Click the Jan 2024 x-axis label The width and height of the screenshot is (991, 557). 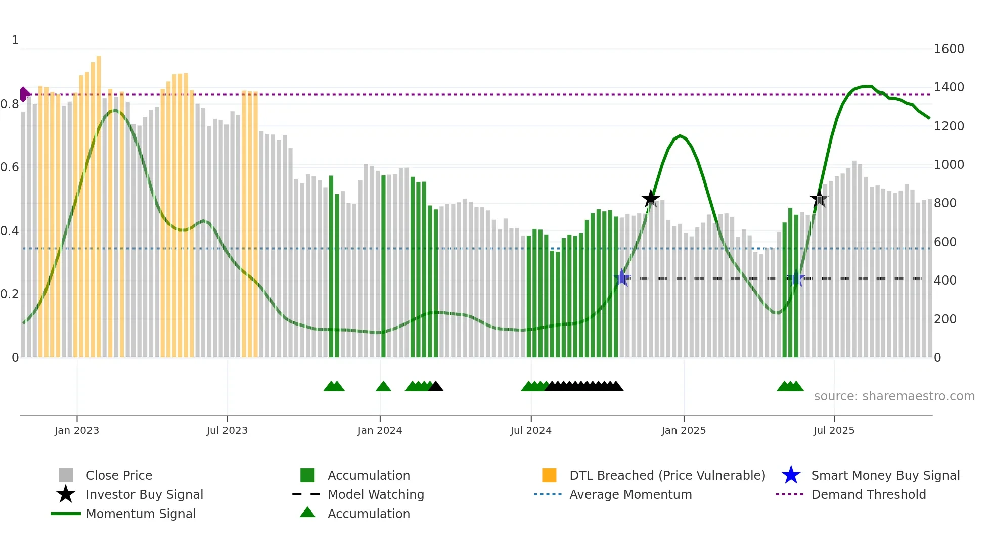click(380, 431)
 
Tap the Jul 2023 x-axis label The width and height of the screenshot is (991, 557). click(227, 431)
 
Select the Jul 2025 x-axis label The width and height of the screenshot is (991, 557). click(834, 431)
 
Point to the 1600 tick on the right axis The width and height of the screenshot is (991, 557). click(949, 49)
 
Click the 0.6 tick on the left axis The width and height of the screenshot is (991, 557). click(10, 167)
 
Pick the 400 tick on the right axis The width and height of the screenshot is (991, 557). click(944, 281)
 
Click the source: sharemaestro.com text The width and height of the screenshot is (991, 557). click(894, 396)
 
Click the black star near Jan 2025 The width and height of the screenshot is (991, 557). click(651, 199)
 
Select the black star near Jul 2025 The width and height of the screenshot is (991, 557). click(819, 199)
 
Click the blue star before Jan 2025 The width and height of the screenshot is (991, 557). click(622, 277)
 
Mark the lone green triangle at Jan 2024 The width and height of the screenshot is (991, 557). click(383, 387)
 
